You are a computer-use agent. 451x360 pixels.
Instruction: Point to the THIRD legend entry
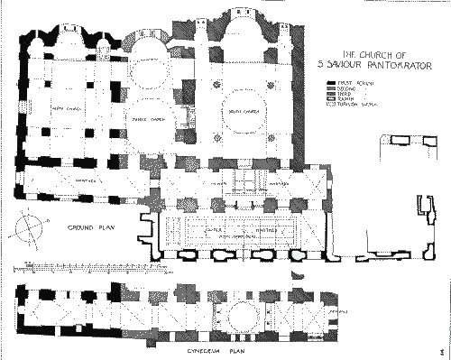point(347,94)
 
